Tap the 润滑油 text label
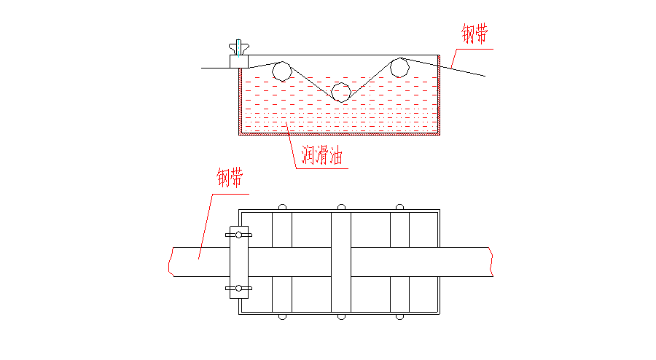click(x=321, y=155)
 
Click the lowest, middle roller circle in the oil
click(x=340, y=92)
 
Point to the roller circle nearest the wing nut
click(x=281, y=71)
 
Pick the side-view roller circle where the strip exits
click(x=399, y=67)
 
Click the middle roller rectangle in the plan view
click(x=340, y=263)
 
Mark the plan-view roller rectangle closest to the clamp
click(x=281, y=263)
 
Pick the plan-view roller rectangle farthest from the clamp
click(x=399, y=263)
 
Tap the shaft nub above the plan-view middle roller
click(x=340, y=206)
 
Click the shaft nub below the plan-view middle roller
click(x=340, y=318)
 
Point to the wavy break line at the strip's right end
click(x=492, y=262)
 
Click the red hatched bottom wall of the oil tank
click(x=340, y=134)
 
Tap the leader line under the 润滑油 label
click(x=321, y=168)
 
